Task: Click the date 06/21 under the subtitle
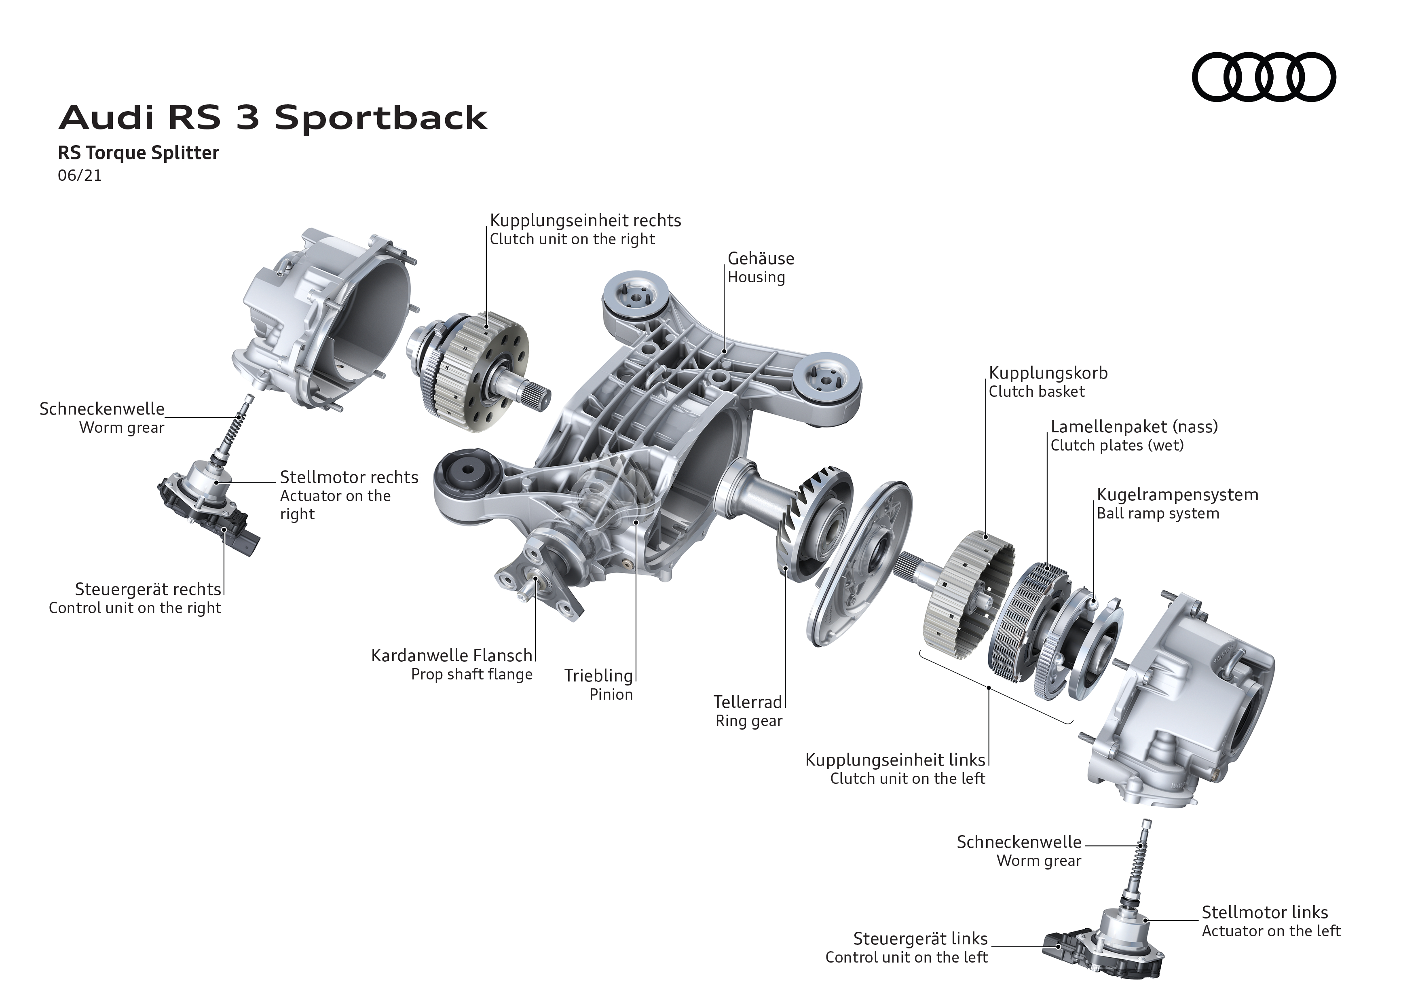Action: coord(80,176)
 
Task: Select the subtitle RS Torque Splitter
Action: coord(138,152)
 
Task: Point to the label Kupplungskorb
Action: coord(1048,373)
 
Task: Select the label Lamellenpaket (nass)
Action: coord(1134,427)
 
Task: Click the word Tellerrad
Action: coord(747,702)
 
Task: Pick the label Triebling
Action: coord(598,676)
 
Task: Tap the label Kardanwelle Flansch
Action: coord(452,655)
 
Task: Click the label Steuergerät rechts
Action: coord(148,589)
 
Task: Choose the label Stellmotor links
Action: coord(1264,912)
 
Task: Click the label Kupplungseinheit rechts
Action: coord(585,220)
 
